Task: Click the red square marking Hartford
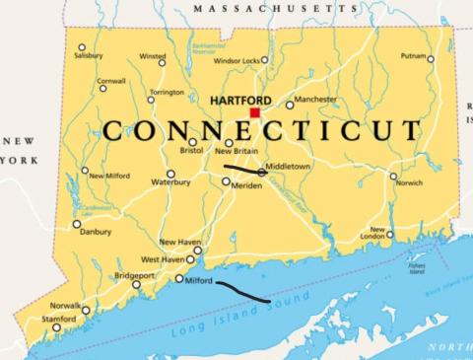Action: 254,113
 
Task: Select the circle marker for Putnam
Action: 430,59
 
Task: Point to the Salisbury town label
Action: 88,56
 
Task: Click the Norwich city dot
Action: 393,177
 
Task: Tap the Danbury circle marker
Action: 77,224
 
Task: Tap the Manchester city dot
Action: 290,105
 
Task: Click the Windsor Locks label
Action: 236,60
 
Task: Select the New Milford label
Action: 109,176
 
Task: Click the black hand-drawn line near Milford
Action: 241,292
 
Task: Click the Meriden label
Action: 246,185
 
